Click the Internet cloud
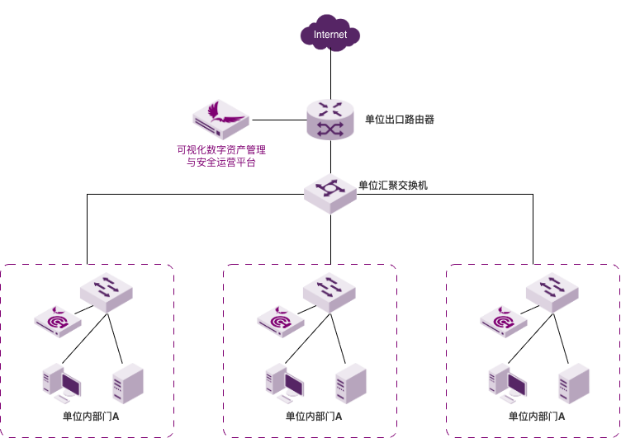(x=330, y=35)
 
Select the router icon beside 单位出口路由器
(x=329, y=120)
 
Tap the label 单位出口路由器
(x=400, y=120)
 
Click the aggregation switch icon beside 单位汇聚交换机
(x=329, y=192)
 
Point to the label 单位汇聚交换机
(x=393, y=186)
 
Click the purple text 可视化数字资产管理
(x=221, y=151)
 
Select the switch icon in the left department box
(x=106, y=291)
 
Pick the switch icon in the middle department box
(x=329, y=291)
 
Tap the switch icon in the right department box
(x=552, y=291)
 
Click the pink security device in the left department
(x=59, y=321)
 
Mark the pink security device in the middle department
(x=282, y=321)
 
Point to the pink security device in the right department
(x=505, y=321)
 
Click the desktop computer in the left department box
(x=61, y=383)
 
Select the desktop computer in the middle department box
(x=284, y=383)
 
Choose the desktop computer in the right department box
(x=507, y=383)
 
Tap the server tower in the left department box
(x=128, y=384)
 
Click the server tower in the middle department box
(x=351, y=384)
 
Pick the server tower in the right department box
(x=574, y=384)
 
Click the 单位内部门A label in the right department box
(x=537, y=417)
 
